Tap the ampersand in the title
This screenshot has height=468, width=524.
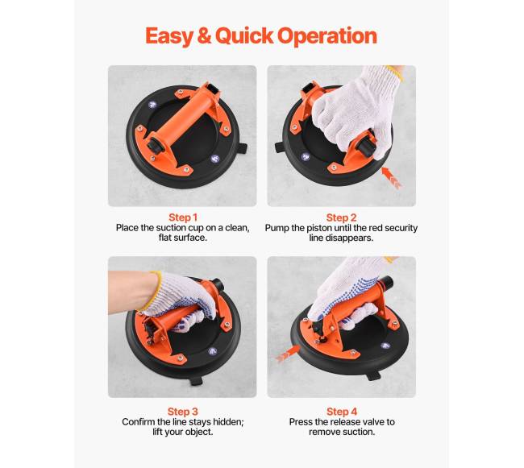click(x=204, y=35)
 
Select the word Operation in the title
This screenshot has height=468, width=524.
click(x=327, y=36)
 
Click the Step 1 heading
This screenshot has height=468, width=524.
click(x=183, y=217)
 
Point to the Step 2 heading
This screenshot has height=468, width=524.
click(x=341, y=217)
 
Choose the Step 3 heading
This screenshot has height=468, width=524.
click(x=183, y=412)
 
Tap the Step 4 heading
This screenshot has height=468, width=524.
click(x=342, y=412)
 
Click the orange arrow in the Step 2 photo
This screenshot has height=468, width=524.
click(x=391, y=178)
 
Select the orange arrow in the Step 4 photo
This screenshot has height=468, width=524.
click(x=288, y=354)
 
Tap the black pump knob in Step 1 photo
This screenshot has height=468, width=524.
click(x=155, y=145)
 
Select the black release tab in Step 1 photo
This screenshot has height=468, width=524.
click(x=243, y=148)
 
